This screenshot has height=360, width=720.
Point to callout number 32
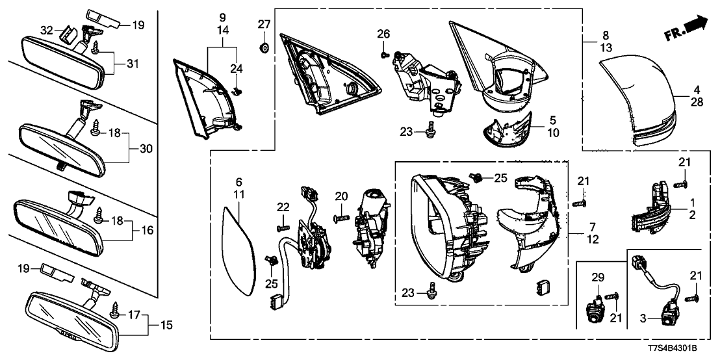coord(46,31)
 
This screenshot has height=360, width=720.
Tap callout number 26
coord(383,34)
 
